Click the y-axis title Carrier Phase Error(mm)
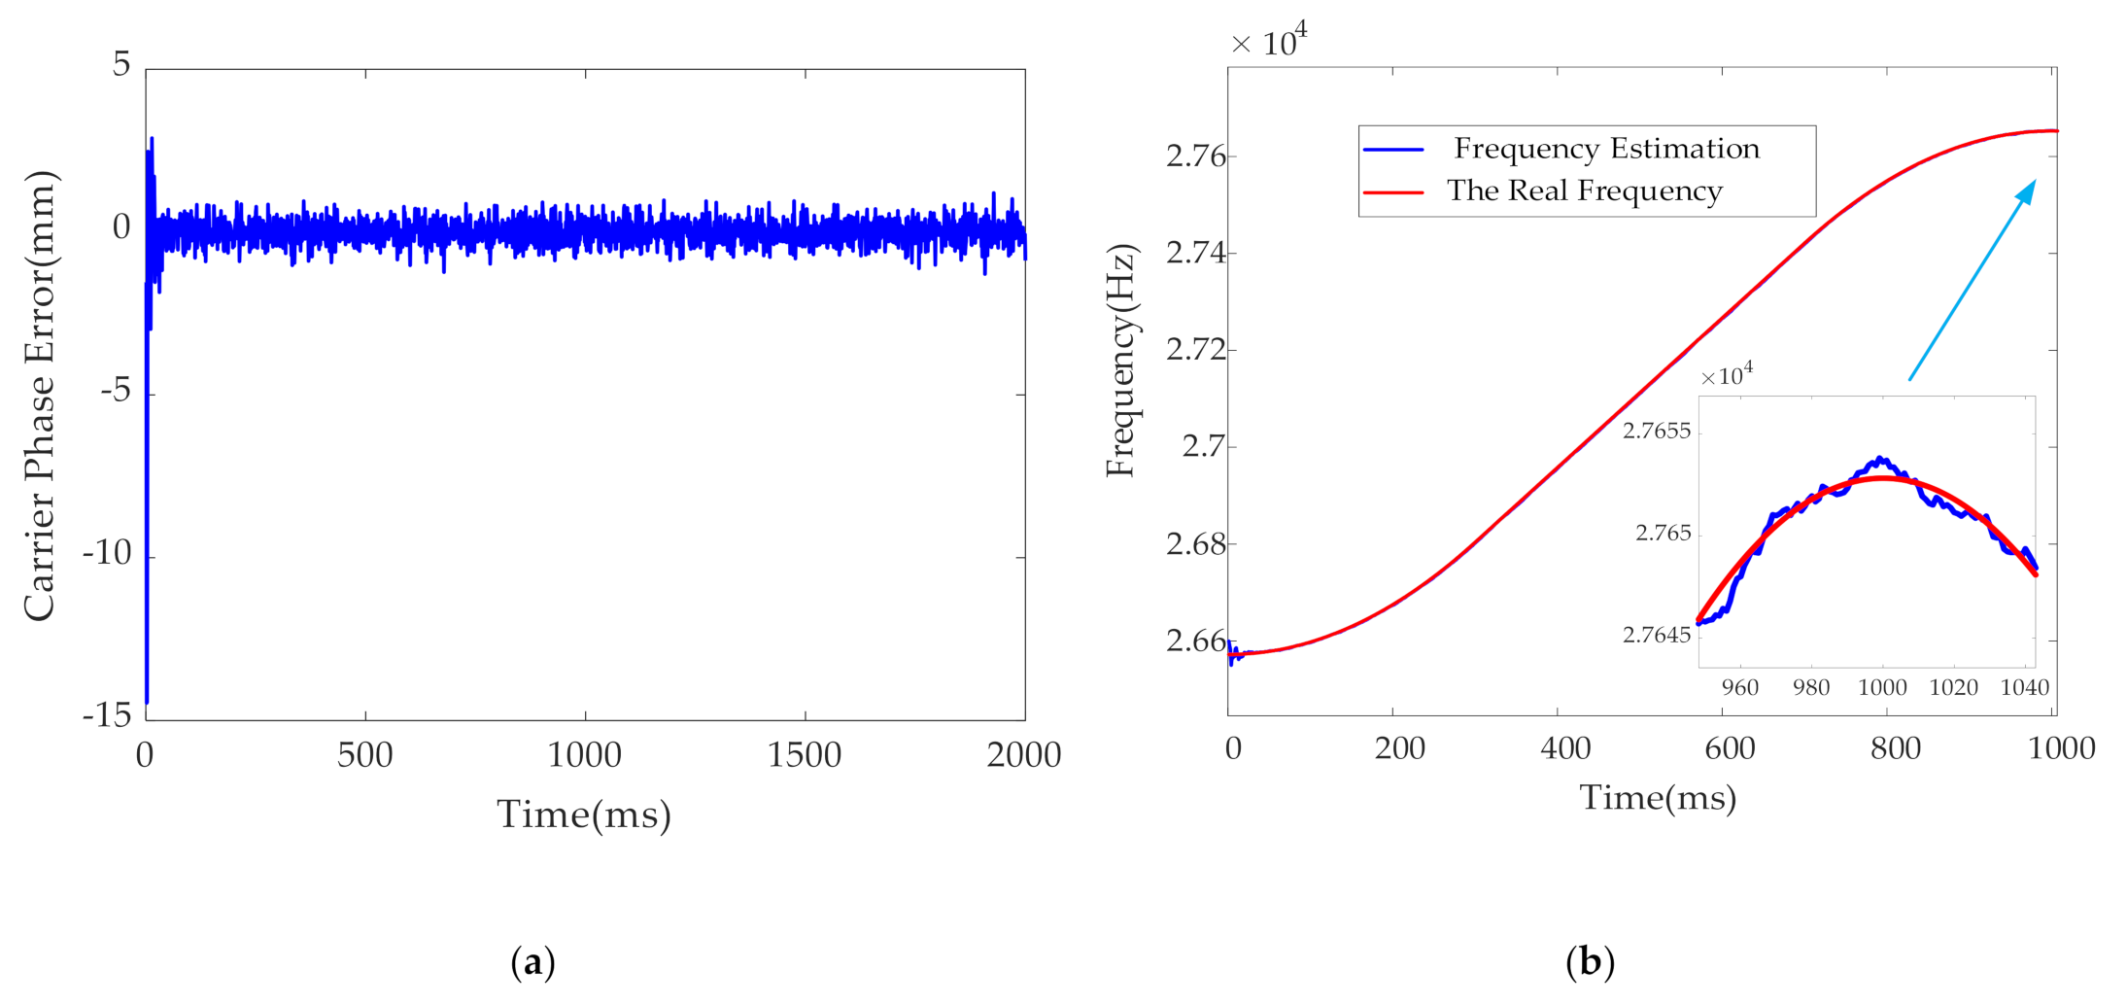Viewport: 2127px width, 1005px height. [41, 397]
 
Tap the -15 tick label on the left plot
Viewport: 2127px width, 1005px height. [107, 716]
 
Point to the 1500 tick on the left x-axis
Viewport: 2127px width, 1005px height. [805, 755]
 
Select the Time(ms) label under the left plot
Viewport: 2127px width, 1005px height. [584, 814]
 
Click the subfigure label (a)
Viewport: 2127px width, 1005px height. [532, 962]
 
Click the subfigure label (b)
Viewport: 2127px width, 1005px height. [1590, 962]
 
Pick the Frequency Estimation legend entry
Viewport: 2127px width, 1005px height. [1605, 149]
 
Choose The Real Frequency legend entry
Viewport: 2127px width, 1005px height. [1584, 191]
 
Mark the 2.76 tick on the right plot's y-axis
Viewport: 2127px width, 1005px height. [1195, 156]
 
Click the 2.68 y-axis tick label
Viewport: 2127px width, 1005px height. [1195, 544]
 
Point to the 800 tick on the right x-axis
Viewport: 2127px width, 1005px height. [1895, 748]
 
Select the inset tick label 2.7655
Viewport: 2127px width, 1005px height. [1657, 431]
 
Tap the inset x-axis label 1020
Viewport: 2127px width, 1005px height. [1953, 688]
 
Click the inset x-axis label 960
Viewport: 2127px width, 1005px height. [1739, 688]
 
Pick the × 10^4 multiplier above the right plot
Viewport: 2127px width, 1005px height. [1268, 42]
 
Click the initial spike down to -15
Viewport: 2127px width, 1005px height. [147, 695]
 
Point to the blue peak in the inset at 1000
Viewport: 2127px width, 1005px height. [1880, 458]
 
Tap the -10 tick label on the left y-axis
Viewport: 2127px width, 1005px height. [107, 553]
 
